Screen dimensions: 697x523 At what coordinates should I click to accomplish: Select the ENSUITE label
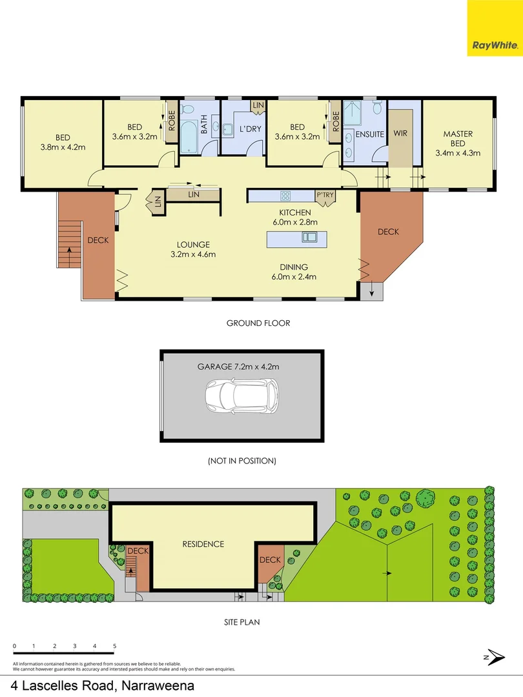click(x=370, y=134)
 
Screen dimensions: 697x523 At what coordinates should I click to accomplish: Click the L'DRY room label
click(x=250, y=129)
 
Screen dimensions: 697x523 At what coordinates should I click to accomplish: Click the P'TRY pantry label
click(x=325, y=195)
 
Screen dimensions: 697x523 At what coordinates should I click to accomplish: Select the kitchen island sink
click(x=309, y=237)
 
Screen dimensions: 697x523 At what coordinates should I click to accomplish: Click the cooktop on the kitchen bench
click(x=286, y=196)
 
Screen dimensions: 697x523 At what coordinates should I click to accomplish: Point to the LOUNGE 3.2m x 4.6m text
click(x=194, y=249)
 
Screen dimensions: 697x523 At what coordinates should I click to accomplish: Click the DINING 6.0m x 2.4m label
click(x=294, y=272)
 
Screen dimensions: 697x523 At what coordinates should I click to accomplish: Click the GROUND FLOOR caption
click(x=258, y=323)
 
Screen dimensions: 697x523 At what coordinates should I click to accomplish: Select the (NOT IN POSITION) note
click(x=241, y=461)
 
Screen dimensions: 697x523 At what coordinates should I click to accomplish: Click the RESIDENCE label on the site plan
click(x=203, y=544)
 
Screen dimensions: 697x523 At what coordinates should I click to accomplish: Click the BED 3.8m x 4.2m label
click(x=63, y=142)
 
